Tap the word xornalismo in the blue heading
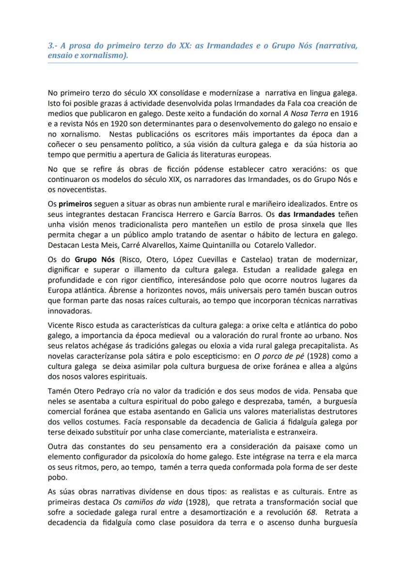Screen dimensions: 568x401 104,55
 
